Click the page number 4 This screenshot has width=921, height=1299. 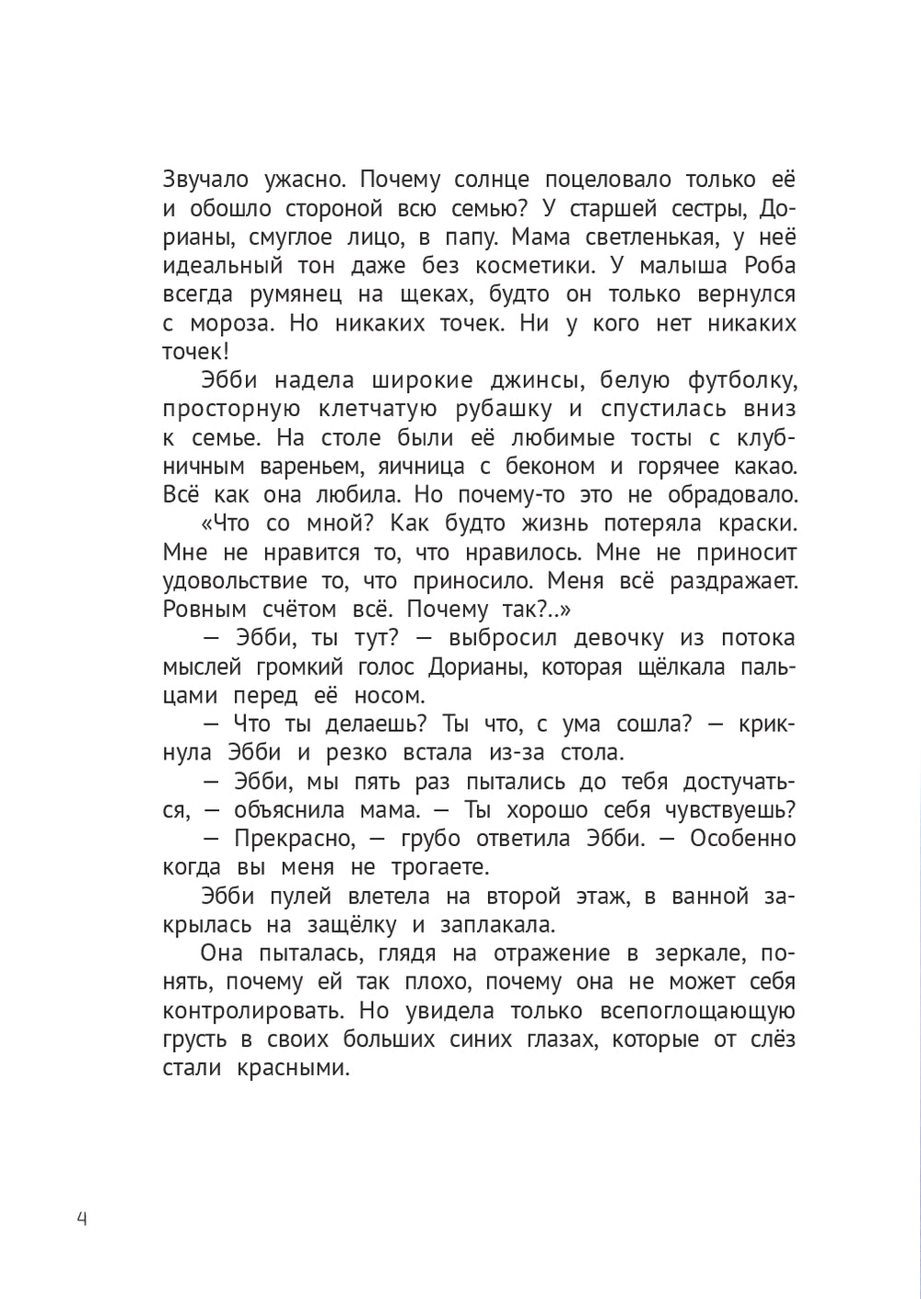(81, 1220)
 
